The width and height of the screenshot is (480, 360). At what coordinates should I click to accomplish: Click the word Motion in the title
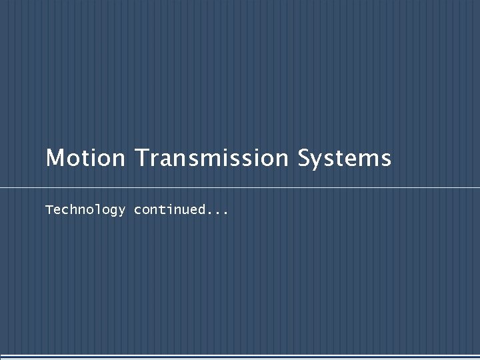pos(85,159)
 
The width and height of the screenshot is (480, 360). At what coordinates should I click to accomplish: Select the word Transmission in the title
pos(211,159)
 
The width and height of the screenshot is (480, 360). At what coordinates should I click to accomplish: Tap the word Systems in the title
pos(344,159)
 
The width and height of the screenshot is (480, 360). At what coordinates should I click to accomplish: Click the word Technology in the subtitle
pos(85,210)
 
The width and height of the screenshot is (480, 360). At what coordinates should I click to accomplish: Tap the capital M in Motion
pos(54,159)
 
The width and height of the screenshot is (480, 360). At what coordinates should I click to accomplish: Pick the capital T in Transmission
pos(141,159)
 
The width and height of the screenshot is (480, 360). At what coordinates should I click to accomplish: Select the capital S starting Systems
pos(305,159)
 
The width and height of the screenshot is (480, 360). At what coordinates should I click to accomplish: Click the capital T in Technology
pos(49,210)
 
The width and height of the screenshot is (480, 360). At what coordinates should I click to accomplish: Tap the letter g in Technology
pos(111,212)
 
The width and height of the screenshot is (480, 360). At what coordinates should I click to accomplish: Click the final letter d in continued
pos(201,210)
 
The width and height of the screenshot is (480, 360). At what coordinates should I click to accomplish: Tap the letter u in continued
pos(185,211)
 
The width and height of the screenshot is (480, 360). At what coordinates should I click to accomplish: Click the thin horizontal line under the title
pos(240,188)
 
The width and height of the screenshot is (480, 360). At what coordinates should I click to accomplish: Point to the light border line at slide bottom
pos(240,356)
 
